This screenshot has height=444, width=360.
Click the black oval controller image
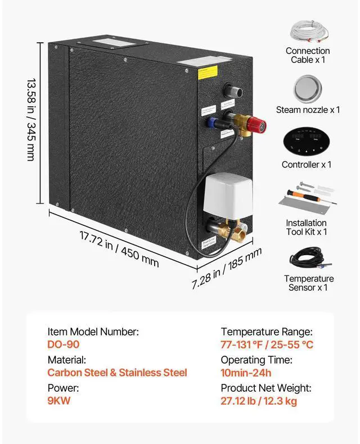click(307, 143)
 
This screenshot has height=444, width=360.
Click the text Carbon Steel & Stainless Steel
click(117, 373)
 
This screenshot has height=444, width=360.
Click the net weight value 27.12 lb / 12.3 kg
click(259, 401)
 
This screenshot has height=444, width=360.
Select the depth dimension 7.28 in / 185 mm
click(226, 268)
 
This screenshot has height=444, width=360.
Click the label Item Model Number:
click(93, 332)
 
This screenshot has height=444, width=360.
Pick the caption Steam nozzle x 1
click(308, 110)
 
